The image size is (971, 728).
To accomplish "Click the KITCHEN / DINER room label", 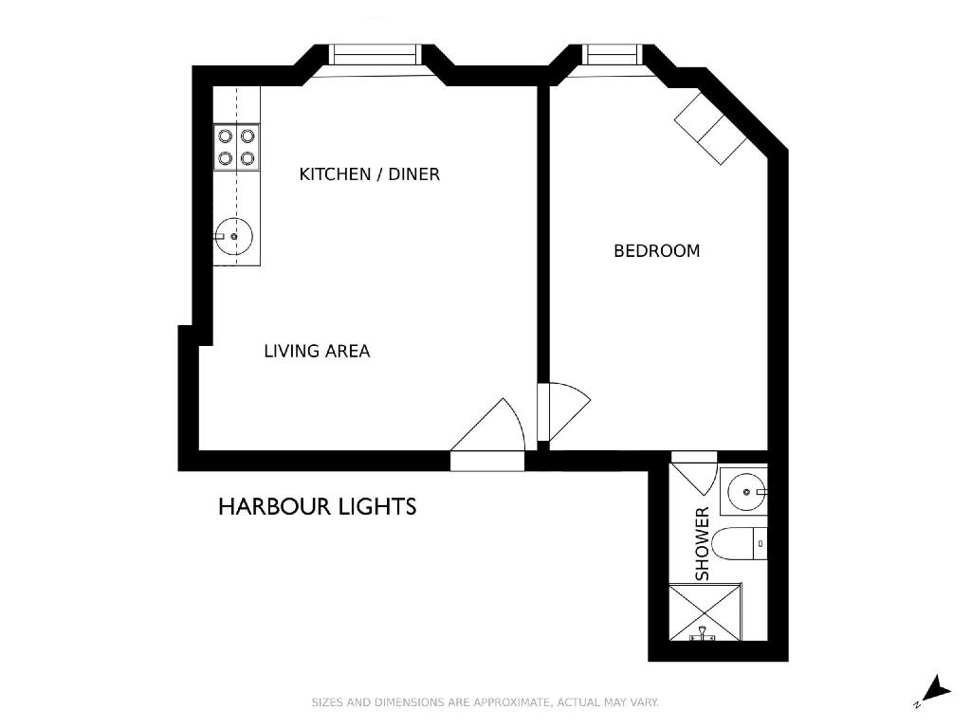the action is tap(369, 174).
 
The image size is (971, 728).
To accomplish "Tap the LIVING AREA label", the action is tap(317, 351).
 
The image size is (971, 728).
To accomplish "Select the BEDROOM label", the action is tap(656, 250).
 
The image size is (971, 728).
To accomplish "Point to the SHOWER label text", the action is tap(702, 543).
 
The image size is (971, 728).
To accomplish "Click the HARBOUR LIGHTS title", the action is tap(317, 507).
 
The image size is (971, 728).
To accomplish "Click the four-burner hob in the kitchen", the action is tap(236, 147).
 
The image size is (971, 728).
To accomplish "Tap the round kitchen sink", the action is tap(233, 236).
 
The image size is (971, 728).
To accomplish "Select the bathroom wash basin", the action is tap(747, 492).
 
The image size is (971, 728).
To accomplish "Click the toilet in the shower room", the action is tap(740, 544).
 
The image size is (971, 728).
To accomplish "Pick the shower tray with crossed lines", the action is tap(705, 612).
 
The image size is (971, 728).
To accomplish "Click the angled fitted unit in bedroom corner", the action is tap(710, 127).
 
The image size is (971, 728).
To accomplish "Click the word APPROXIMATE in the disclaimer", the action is tap(511, 702).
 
